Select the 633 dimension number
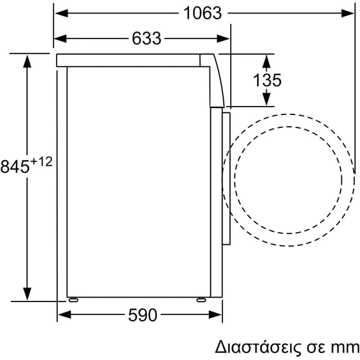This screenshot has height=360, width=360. pyautogui.click(x=146, y=38)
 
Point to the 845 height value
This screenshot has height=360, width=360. pyautogui.click(x=14, y=166)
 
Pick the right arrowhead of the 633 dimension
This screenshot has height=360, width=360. pyautogui.click(x=225, y=38)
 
